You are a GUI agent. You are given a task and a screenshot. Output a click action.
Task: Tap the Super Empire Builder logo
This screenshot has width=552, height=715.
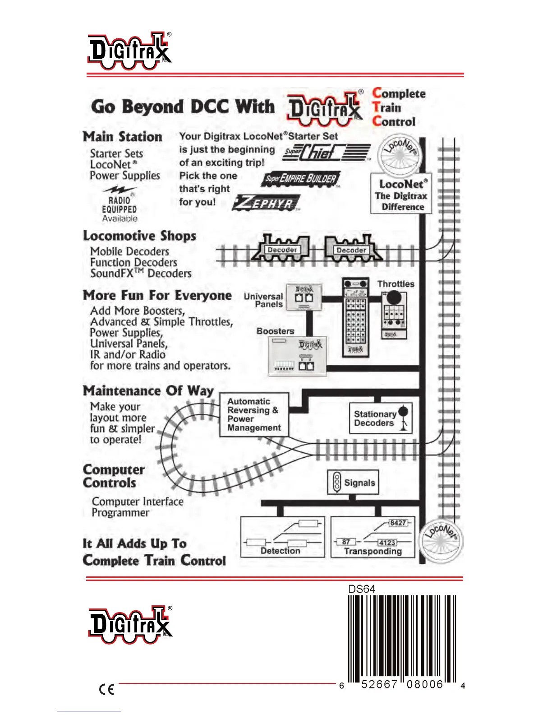pyautogui.click(x=301, y=179)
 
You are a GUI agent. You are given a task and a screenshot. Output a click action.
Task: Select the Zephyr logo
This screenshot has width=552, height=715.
pyautogui.click(x=267, y=203)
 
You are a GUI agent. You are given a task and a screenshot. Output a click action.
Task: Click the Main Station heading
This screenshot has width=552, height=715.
pyautogui.click(x=122, y=137)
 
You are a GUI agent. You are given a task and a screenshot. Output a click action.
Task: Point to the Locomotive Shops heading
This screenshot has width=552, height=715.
pyautogui.click(x=139, y=236)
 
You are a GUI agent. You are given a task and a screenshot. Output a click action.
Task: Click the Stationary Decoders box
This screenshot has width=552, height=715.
pyautogui.click(x=381, y=418)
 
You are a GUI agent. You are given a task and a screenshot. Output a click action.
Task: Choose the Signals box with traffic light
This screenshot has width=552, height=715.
pyautogui.click(x=353, y=482)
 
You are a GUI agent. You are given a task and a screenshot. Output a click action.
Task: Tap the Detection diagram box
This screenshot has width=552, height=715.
pyautogui.click(x=282, y=537)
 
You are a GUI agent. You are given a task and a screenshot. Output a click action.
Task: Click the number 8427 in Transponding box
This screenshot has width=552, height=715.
pyautogui.click(x=398, y=523)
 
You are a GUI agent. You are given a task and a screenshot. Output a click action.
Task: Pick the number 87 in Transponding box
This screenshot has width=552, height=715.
pyautogui.click(x=346, y=542)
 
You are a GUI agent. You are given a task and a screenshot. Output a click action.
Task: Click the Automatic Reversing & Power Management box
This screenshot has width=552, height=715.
pyautogui.click(x=254, y=414)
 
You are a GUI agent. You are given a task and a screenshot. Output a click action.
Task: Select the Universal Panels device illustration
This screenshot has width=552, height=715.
pyautogui.click(x=304, y=297)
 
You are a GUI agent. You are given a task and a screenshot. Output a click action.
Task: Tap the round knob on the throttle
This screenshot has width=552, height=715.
pyautogui.click(x=394, y=297)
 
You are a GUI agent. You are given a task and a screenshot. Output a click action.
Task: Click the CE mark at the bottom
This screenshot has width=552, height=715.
pyautogui.click(x=106, y=689)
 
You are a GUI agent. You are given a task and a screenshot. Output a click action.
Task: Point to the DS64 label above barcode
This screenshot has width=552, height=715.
pyautogui.click(x=362, y=589)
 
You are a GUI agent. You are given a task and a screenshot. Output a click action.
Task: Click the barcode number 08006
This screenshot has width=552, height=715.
pyautogui.click(x=425, y=684)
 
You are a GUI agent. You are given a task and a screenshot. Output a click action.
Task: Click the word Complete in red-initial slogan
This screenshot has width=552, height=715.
pyautogui.click(x=399, y=93)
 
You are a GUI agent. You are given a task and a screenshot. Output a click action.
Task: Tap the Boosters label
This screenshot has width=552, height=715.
pyautogui.click(x=275, y=331)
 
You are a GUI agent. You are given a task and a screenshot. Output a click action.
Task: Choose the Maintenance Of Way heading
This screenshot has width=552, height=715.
pyautogui.click(x=148, y=390)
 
